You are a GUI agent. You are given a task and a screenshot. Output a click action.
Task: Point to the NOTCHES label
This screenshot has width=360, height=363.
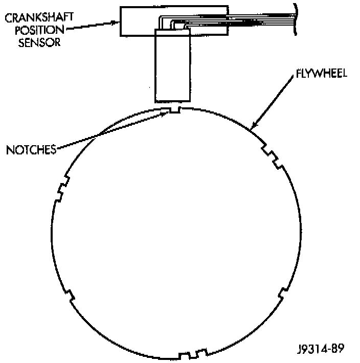pyautogui.click(x=31, y=150)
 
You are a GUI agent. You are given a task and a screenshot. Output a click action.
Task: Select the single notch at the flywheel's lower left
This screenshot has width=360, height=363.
pyautogui.click(x=71, y=295)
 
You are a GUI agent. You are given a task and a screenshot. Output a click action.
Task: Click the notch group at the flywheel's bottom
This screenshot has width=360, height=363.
pyautogui.click(x=194, y=354)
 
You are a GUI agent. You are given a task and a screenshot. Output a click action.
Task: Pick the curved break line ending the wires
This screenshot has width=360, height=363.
pyautogui.click(x=296, y=18)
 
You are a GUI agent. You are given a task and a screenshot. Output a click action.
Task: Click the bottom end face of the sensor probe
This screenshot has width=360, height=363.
pyautogui.click(x=172, y=101)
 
